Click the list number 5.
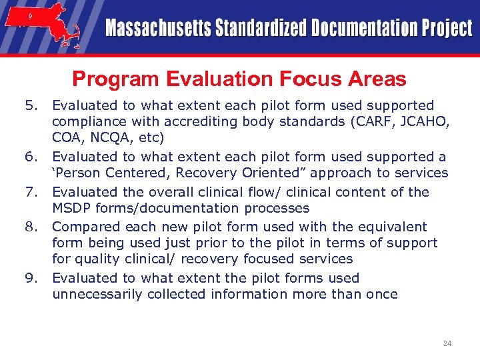point(30,105)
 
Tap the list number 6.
point(30,157)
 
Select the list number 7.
point(30,192)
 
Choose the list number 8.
point(30,227)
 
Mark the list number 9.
point(30,279)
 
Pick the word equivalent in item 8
point(396,227)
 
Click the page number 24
point(447,343)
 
